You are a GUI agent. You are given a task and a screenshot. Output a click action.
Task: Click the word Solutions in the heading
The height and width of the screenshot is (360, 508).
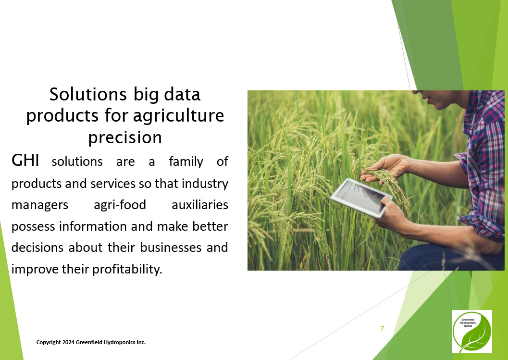coord(88,94)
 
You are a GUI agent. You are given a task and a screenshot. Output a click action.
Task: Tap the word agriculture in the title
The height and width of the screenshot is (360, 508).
coord(178,116)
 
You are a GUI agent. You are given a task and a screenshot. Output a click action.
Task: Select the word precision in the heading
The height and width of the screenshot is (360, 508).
coord(125,137)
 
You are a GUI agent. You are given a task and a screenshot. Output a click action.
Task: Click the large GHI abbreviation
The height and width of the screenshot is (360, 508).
coord(25,160)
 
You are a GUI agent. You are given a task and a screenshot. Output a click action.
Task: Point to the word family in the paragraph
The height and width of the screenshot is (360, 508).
coord(186,161)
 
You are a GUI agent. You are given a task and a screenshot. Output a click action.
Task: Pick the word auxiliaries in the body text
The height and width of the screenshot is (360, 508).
coord(200,205)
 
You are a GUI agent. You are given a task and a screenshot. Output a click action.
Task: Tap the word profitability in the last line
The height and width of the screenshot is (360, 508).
coord(127,269)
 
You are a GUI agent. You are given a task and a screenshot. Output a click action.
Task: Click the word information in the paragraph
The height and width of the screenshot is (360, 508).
coord(93,226)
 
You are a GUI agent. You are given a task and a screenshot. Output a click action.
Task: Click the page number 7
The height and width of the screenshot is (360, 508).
coord(382,329)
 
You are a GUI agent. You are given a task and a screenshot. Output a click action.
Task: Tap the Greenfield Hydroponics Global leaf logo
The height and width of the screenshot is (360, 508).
coord(472,332)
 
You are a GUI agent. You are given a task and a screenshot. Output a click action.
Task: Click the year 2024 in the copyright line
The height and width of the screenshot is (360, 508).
coord(69,342)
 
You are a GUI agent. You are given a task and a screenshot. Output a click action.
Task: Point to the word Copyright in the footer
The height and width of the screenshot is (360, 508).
coord(49,343)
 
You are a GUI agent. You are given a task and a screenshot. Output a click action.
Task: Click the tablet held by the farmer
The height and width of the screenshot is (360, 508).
coord(361,197)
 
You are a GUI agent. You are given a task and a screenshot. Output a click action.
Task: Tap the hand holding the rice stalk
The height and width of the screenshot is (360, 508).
coord(385,167)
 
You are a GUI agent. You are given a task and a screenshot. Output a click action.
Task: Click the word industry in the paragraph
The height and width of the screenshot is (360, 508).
coord(205,184)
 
